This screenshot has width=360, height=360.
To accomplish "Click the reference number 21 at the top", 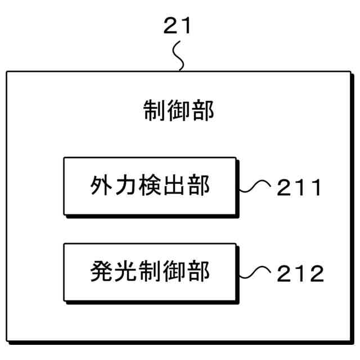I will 177,26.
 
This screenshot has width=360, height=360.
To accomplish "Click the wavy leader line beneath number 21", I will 179,56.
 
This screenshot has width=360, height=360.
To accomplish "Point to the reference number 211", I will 300,187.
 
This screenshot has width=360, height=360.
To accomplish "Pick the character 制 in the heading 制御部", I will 153,110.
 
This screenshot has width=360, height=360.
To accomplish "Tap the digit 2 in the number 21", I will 170,26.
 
